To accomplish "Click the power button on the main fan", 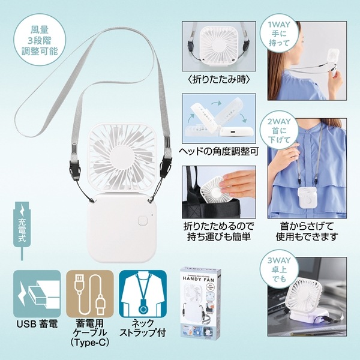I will tap(142, 220).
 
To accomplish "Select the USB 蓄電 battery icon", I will tap(37, 294).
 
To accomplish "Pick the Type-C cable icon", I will tap(89, 294).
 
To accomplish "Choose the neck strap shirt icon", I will tap(141, 294).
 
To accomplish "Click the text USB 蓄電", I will tap(37, 327).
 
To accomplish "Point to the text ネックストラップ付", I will tap(141, 332).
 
